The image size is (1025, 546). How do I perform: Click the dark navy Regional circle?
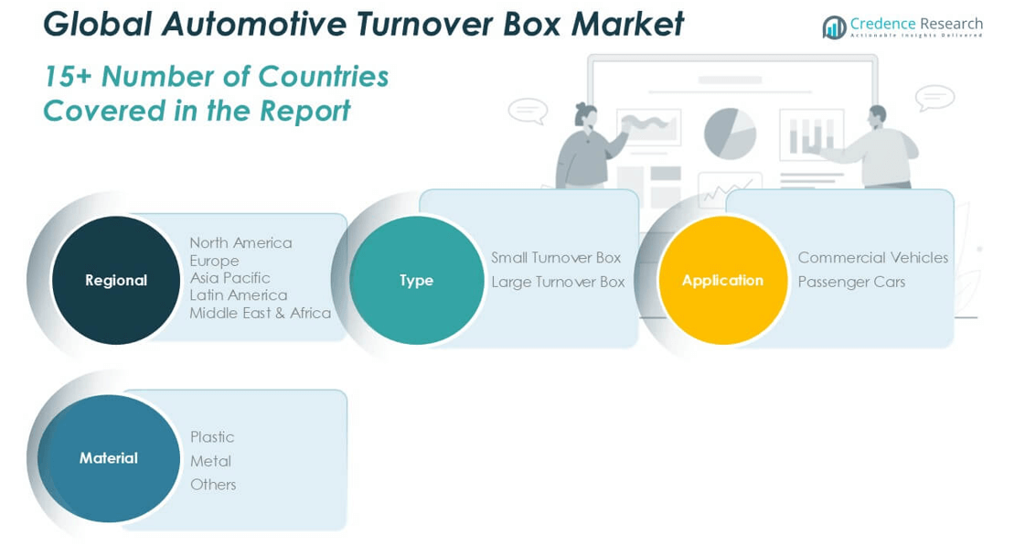tap(115, 280)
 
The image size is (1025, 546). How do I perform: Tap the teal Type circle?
tap(416, 280)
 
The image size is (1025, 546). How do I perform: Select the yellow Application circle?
tap(722, 280)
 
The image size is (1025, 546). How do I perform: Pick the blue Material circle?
tap(109, 457)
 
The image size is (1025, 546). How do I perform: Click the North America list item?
tap(240, 242)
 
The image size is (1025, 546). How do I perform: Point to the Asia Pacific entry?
tap(230, 277)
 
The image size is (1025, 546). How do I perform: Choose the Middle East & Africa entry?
tap(260, 313)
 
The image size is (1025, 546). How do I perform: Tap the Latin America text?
tap(238, 294)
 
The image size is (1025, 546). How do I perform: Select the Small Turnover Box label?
tap(555, 257)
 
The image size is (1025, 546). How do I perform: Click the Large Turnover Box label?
tap(558, 282)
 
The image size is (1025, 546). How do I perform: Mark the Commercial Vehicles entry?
tap(872, 257)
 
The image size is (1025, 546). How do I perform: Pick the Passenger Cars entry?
tap(850, 282)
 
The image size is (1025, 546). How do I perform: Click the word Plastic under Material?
tap(212, 436)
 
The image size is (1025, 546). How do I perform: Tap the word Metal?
tap(210, 461)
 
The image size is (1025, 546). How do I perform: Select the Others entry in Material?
tap(213, 484)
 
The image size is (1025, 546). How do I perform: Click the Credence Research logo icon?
tap(833, 27)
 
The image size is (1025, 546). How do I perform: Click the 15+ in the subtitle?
tap(67, 76)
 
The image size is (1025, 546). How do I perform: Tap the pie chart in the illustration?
tap(729, 134)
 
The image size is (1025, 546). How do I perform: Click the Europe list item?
tap(214, 261)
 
